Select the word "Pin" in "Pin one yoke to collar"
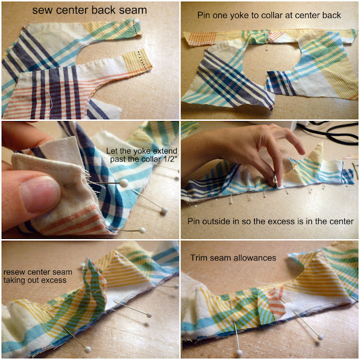pos(204,15)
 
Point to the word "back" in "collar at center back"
pos(331,15)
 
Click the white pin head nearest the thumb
pos(124,183)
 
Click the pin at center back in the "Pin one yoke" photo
pos(267,41)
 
